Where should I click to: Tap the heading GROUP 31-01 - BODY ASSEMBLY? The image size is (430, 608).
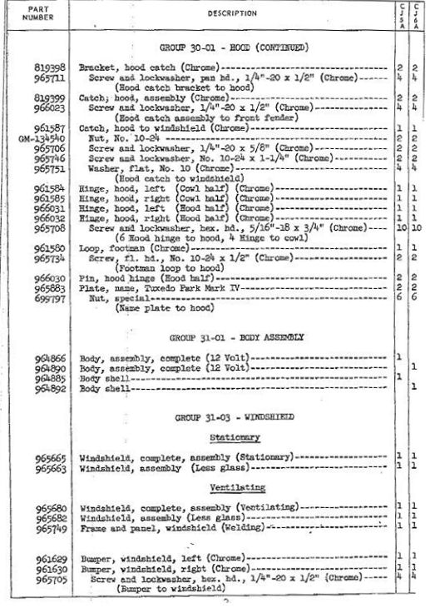pos(234,340)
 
